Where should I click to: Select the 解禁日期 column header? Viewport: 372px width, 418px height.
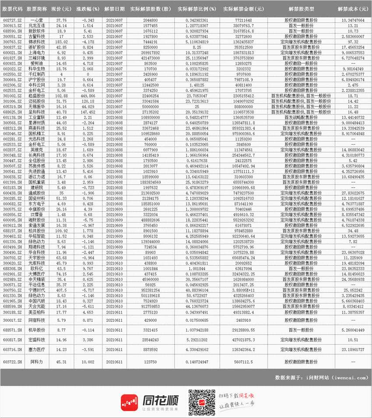coord(115,8)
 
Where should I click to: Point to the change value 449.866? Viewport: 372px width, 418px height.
coord(82,94)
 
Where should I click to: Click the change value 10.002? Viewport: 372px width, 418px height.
coord(82,362)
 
